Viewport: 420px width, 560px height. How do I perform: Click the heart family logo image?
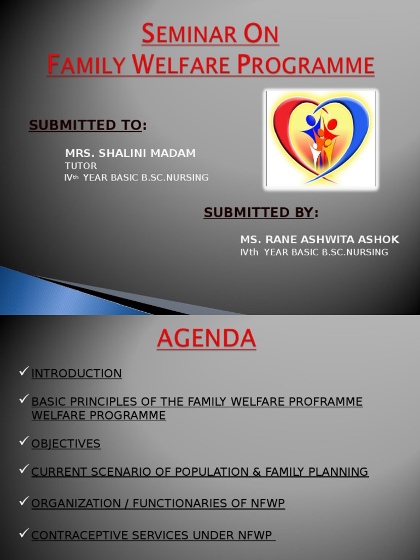point(321,139)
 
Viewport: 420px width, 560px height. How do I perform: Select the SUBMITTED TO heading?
point(85,125)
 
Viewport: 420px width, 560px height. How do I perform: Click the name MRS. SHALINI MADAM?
point(130,154)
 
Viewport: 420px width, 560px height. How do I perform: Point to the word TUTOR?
point(81,166)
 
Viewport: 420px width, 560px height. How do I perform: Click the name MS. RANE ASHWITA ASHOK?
point(319,240)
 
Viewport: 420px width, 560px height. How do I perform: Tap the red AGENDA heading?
point(206,339)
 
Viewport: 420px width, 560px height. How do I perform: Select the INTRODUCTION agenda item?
point(77,374)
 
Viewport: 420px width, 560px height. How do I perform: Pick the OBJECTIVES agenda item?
point(66,444)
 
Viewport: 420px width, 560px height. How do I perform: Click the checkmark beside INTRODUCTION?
point(23,372)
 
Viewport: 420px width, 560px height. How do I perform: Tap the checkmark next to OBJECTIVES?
point(23,442)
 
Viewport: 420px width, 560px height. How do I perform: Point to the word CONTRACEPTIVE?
point(79,535)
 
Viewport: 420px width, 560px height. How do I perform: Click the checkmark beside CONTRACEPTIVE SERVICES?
point(23,534)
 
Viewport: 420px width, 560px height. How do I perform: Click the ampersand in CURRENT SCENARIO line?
point(255,471)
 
